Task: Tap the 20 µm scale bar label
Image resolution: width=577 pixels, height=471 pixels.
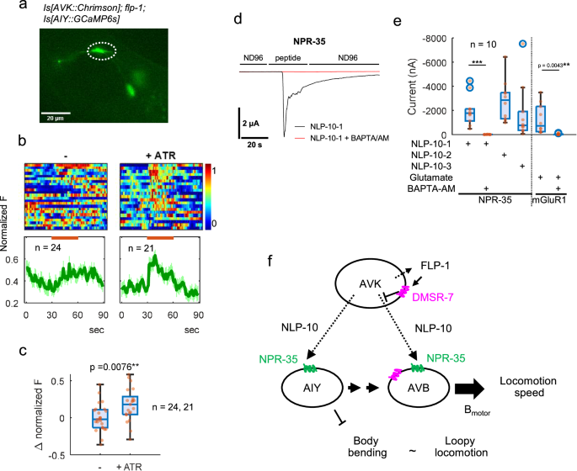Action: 55,118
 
